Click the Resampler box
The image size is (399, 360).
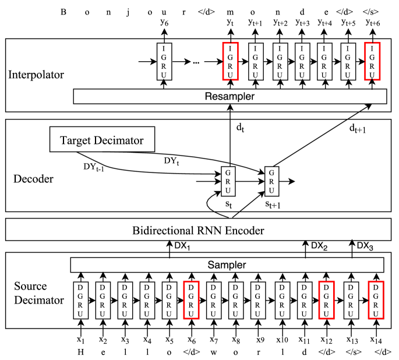229,96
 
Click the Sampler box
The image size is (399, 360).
227,264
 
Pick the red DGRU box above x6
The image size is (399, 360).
191,301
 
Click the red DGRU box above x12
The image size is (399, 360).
326,301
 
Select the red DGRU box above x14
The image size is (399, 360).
376,301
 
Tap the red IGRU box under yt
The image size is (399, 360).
231,62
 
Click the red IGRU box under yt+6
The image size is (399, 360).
372,62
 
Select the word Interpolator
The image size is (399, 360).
36,75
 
